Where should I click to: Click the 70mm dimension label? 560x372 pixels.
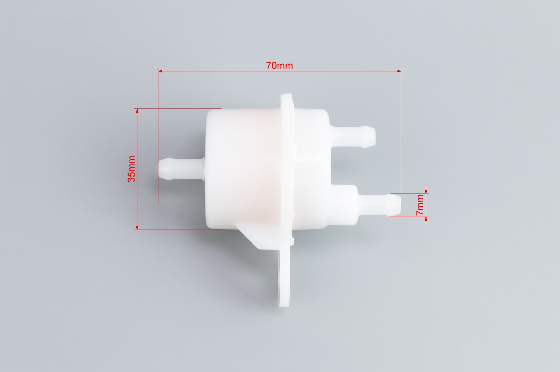coord(279,66)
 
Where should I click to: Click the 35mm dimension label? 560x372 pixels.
coord(131,169)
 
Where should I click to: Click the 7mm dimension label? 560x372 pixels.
coord(420,205)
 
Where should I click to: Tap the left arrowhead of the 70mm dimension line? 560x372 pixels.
coord(160,71)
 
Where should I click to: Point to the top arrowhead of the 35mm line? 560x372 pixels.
coord(137,111)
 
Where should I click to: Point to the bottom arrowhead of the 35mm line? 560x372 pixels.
coord(137,227)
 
